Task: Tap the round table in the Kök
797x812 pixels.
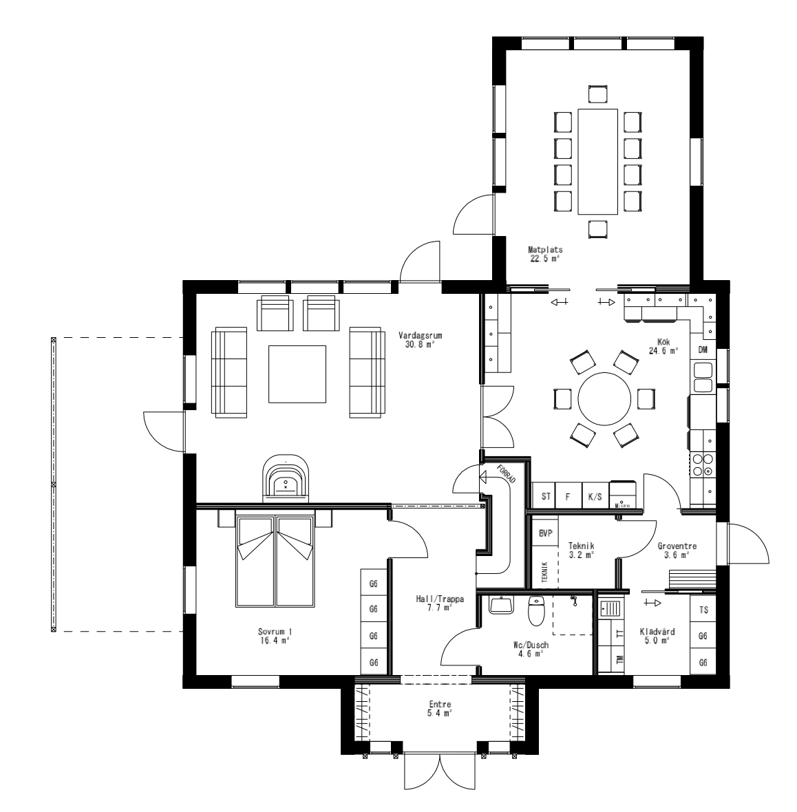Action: (604, 398)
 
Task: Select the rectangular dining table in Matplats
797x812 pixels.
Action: (597, 162)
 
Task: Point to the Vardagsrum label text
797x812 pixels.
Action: (420, 340)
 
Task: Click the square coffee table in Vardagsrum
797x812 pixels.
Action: (297, 374)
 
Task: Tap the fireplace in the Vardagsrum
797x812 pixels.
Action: (286, 479)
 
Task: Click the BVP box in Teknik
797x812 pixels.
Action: (546, 533)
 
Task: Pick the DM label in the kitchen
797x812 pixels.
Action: (703, 350)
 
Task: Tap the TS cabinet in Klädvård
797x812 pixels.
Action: (703, 610)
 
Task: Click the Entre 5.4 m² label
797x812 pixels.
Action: (440, 709)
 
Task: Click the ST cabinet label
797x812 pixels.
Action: (546, 495)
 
